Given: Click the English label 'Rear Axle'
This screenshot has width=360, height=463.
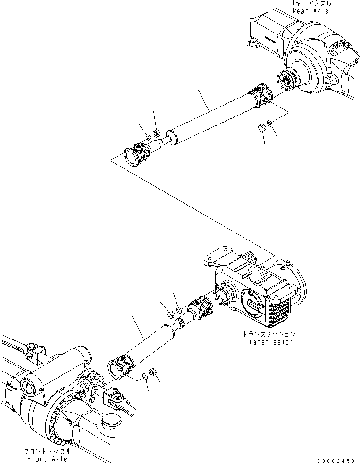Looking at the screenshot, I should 310,10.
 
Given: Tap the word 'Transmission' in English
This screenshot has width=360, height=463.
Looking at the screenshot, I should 268,342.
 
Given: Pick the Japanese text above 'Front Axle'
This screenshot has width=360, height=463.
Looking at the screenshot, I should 47,451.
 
